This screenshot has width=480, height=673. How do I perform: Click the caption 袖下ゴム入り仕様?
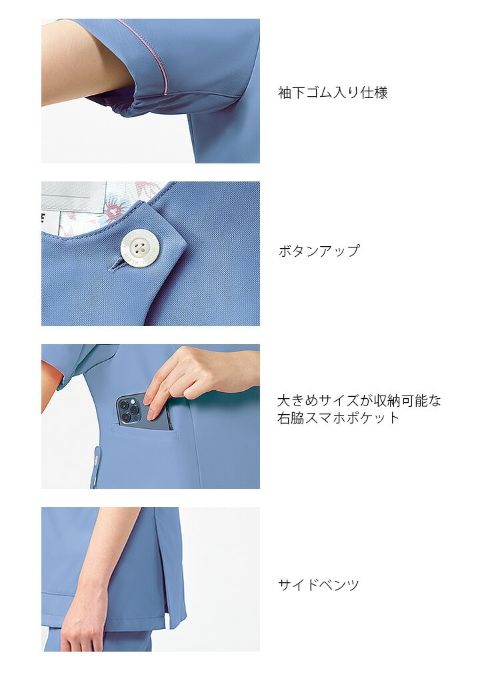(x=333, y=92)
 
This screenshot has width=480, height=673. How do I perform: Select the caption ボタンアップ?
(x=319, y=251)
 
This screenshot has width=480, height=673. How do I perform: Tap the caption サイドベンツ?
(x=318, y=584)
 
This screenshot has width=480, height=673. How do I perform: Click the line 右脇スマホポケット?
(x=339, y=418)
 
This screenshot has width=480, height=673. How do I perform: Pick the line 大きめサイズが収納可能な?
(x=359, y=401)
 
